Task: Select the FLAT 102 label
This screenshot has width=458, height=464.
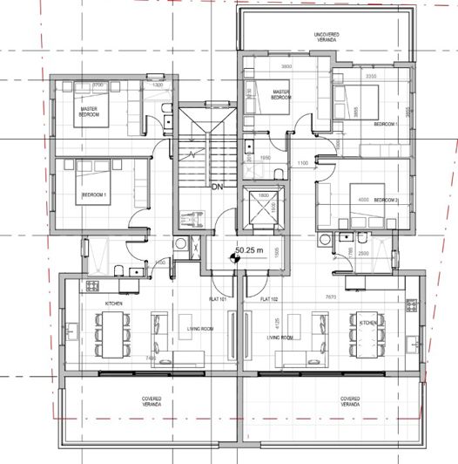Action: pos(270,300)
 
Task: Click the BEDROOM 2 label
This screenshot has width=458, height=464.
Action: pos(386,200)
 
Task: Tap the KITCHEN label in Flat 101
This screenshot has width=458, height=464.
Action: pos(113,303)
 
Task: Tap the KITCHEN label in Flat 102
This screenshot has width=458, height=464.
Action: pos(367,322)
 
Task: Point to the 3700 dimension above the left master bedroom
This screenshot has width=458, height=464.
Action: pos(98,85)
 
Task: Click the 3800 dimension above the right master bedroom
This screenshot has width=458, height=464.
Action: pos(286,66)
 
